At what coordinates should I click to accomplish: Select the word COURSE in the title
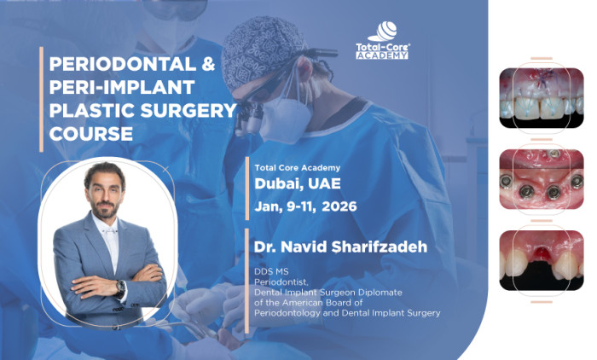click(x=92, y=134)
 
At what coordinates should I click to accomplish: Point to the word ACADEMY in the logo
click(x=382, y=55)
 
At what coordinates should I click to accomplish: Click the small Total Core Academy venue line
click(x=297, y=168)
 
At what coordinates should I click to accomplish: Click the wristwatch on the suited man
click(x=121, y=287)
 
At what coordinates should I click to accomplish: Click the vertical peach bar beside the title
click(x=41, y=99)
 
